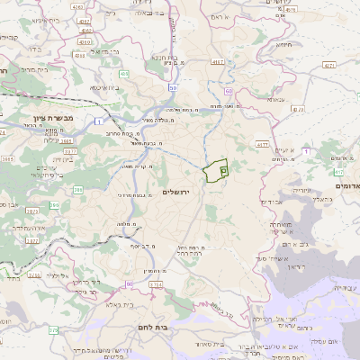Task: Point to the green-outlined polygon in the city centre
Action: [x=216, y=170]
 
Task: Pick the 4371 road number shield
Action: [x=328, y=65]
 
